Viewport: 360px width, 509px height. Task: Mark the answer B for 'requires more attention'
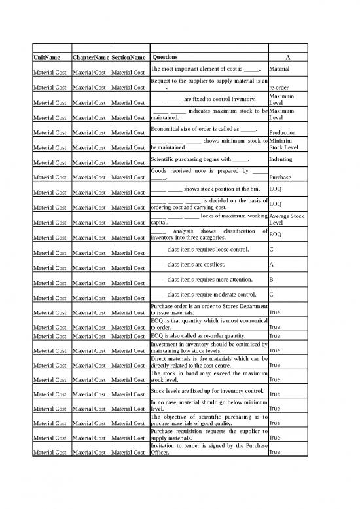[272, 280]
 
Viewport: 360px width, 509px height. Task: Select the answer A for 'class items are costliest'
[272, 264]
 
